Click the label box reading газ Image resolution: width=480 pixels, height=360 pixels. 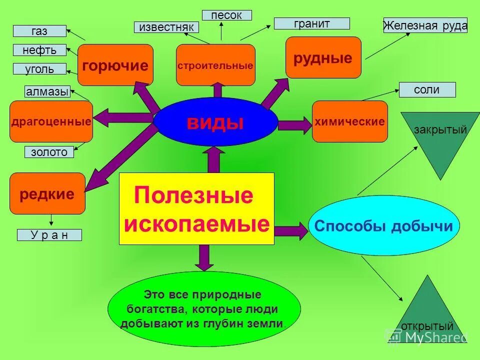(x=39, y=31)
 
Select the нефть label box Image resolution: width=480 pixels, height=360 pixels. (x=39, y=50)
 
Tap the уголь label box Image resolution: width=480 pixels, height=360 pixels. (x=39, y=69)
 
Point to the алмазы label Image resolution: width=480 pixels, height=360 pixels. (x=47, y=91)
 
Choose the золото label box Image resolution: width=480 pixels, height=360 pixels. (x=49, y=152)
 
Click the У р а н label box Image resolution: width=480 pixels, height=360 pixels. (x=49, y=235)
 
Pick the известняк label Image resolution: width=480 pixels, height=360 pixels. (x=166, y=27)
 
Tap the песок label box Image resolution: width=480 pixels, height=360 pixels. (x=226, y=15)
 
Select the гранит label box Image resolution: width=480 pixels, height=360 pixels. (x=311, y=23)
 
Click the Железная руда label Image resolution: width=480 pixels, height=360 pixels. (x=425, y=25)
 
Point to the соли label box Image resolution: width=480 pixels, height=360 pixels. (x=427, y=90)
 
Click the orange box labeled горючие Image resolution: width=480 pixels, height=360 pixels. (x=115, y=65)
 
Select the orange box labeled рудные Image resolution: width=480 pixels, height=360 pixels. (x=323, y=57)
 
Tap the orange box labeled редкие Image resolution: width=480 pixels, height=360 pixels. (x=47, y=193)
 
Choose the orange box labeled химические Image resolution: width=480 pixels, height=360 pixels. (x=350, y=121)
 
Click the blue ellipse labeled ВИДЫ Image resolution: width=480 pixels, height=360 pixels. (x=215, y=122)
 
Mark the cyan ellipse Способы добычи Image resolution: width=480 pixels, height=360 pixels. (x=383, y=226)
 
